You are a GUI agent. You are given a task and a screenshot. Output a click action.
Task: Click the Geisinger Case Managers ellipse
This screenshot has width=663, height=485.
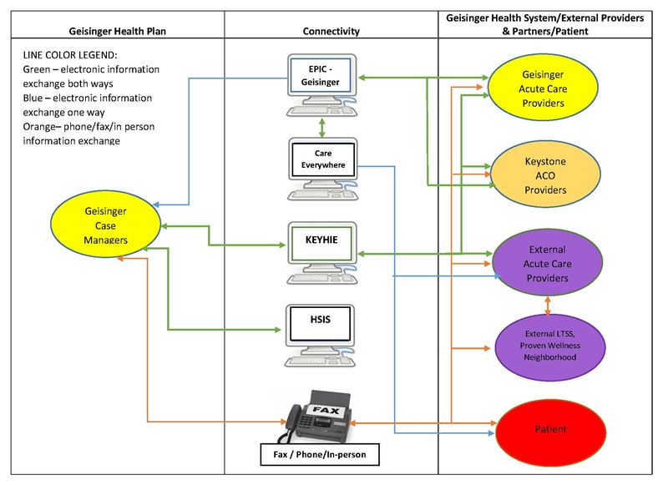[105, 226]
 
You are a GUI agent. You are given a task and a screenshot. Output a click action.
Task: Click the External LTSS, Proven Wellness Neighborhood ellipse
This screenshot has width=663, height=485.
[549, 344]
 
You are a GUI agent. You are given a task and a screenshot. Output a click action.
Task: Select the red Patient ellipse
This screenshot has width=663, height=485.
[550, 430]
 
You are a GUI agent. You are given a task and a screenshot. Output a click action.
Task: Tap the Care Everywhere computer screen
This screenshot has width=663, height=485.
[323, 159]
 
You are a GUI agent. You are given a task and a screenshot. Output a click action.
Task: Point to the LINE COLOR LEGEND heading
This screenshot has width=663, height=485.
[74, 55]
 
